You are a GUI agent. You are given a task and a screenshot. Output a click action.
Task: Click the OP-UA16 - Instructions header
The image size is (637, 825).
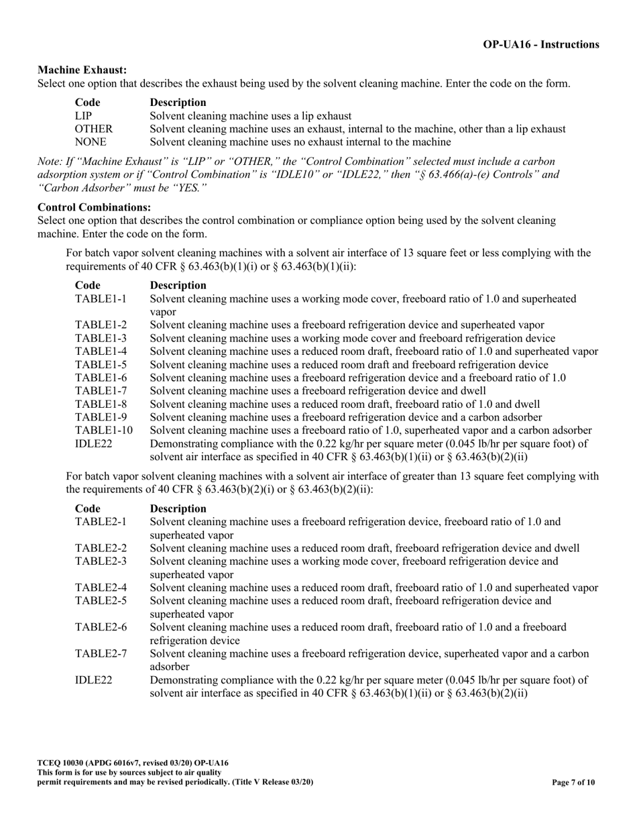pyautogui.click(x=541, y=44)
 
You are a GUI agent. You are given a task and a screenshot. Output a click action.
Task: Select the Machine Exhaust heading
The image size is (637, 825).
pyautogui.click(x=82, y=70)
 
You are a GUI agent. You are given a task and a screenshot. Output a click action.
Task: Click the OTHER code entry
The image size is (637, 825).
pyautogui.click(x=93, y=129)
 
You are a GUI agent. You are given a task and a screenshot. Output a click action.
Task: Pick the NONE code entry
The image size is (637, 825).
pyautogui.click(x=91, y=142)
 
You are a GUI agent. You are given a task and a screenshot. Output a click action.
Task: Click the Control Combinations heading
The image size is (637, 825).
pyautogui.click(x=94, y=207)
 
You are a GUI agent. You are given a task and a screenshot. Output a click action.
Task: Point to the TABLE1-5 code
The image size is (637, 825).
pyautogui.click(x=101, y=365)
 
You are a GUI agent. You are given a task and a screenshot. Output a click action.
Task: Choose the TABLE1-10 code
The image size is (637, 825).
pyautogui.click(x=104, y=430)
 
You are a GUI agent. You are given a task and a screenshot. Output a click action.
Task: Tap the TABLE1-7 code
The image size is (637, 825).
pyautogui.click(x=101, y=391)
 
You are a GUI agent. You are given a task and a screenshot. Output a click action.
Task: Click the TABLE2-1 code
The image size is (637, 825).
pyautogui.click(x=101, y=522)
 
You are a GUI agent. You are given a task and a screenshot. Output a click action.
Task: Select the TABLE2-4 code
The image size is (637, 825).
pyautogui.click(x=101, y=588)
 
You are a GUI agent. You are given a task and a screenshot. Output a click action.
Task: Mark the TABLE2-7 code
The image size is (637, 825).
pyautogui.click(x=101, y=653)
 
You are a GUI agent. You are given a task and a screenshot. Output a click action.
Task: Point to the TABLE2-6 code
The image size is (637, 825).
pyautogui.click(x=101, y=627)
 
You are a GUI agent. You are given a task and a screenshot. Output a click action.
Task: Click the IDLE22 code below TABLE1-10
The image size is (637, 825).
pyautogui.click(x=93, y=443)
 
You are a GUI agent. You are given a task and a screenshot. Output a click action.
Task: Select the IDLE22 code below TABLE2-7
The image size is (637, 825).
pyautogui.click(x=93, y=680)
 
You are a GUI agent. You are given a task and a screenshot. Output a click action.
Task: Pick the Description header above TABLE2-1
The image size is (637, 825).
pyautogui.click(x=178, y=508)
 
